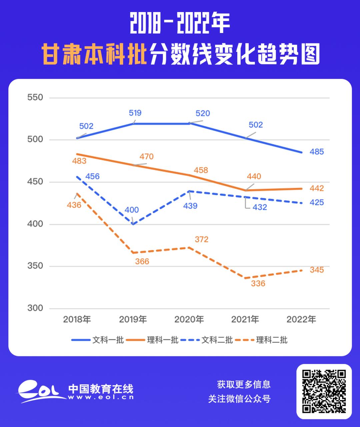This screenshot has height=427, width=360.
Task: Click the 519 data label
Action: pyautogui.click(x=135, y=113)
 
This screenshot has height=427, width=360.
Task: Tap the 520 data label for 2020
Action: pyautogui.click(x=203, y=113)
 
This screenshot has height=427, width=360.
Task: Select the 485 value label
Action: pyautogui.click(x=317, y=152)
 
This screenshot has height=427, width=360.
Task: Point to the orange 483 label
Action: pyautogui.click(x=79, y=161)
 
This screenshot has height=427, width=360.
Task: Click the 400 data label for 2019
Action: pyautogui.click(x=132, y=210)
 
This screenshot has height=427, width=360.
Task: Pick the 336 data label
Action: pyautogui.click(x=258, y=284)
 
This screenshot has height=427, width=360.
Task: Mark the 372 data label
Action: pyautogui.click(x=201, y=239)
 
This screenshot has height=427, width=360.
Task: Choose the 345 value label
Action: pyautogui.click(x=317, y=270)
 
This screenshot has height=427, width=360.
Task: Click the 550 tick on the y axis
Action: pyautogui.click(x=35, y=97)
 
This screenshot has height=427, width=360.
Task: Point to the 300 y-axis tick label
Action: pyautogui.click(x=35, y=308)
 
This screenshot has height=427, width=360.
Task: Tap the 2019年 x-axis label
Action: pyautogui.click(x=133, y=319)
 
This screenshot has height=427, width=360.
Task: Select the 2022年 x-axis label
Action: pyautogui.click(x=301, y=319)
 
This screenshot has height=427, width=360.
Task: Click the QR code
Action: pyautogui.click(x=324, y=391)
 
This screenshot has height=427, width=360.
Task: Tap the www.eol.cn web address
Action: pyautogui.click(x=101, y=397)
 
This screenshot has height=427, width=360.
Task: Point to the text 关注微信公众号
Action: pyautogui.click(x=239, y=399)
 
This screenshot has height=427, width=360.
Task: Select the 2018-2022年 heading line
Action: pyautogui.click(x=180, y=24)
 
